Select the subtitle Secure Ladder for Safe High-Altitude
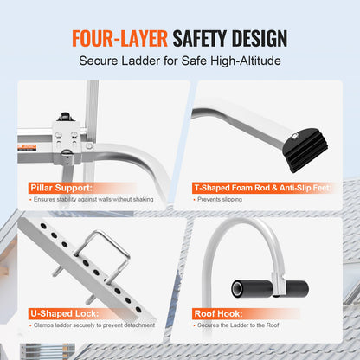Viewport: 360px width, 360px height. pos(180,62)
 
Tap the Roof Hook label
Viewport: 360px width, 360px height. pos(224,312)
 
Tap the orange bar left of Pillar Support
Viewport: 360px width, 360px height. pos(27,186)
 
